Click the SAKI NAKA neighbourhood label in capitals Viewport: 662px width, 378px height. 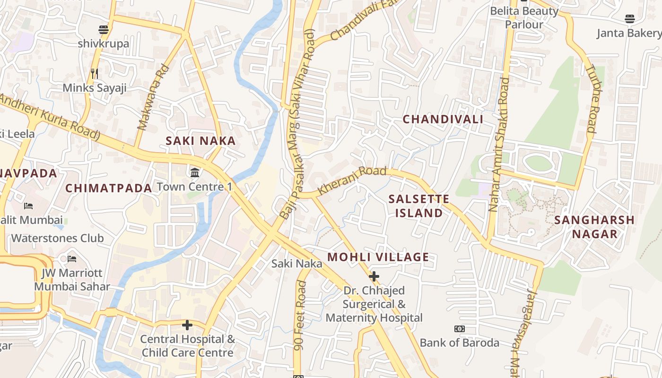pos(200,141)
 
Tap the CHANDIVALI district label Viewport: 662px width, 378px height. pos(443,119)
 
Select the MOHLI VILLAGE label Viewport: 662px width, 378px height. pos(378,257)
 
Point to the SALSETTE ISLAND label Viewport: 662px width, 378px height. pos(419,206)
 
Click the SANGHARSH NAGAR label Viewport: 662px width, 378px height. pos(594,227)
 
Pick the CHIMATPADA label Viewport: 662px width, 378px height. pos(109,188)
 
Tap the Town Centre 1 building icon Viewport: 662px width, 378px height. pos(194,172)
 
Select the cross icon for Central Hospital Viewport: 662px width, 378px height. pos(187,325)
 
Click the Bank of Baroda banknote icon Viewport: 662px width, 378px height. pos(459,329)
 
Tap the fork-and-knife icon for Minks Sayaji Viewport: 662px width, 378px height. pos(95,73)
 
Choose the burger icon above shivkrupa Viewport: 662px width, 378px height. pos(104,30)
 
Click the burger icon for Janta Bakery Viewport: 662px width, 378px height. pos(629,19)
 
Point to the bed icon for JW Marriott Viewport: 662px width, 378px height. pos(72,258)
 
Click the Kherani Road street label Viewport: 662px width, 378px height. pos(352,180)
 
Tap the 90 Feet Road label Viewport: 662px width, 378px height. pos(300,316)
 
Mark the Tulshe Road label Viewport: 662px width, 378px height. pos(591,98)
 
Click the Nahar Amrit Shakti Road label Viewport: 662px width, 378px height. pos(500,144)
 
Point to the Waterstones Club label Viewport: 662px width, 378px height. pos(57,238)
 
